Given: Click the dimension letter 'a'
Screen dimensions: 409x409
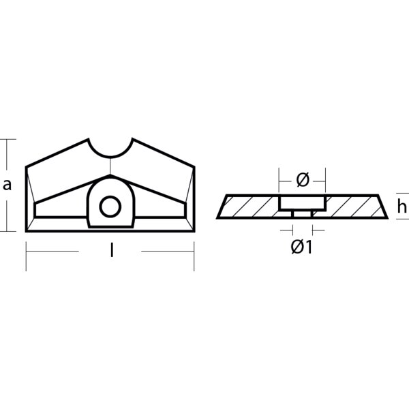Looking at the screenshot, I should tap(7, 184).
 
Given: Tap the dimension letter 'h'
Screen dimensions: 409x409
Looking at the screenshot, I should tap(403, 207).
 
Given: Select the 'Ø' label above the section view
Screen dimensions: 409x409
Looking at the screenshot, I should tap(303, 180).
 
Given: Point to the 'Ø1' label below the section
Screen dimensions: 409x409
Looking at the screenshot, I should tap(301, 247).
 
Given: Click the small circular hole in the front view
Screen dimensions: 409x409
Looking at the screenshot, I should tap(109, 205).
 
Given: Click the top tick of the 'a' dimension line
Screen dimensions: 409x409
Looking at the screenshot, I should tap(7, 139).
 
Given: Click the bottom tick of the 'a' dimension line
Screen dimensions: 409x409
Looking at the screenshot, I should tap(7, 232).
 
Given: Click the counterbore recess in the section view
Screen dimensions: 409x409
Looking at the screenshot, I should tap(303, 202).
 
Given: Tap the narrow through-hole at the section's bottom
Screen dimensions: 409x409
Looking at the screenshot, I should tap(303, 214).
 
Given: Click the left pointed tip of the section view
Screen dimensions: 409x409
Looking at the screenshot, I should tap(217, 218).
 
